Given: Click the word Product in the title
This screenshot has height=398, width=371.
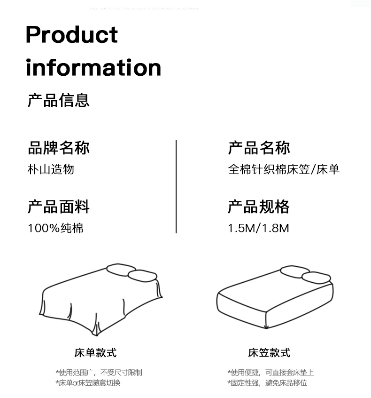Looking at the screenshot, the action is coord(72,35).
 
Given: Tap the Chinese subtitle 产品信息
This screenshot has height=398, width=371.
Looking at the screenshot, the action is coord(58,100).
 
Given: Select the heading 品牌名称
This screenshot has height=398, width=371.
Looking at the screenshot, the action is coord(58,148).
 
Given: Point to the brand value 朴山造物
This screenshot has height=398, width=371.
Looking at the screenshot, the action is coord(51,169).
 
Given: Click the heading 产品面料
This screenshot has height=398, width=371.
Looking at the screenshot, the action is coord(58,207).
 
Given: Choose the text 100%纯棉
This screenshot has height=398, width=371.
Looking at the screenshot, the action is coord(55,228).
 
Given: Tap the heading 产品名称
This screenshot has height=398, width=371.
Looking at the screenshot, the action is coord(259,148).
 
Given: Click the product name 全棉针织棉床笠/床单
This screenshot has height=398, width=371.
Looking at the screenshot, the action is coord(284,169).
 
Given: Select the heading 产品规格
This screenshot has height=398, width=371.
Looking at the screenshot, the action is coord(259,207).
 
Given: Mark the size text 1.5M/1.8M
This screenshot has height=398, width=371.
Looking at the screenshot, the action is coord(258,228).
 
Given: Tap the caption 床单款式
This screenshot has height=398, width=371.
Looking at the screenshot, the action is coord(95,353).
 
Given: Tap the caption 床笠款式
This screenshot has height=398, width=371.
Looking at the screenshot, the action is coord(269,353).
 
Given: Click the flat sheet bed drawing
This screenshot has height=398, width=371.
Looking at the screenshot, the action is coord(101,299).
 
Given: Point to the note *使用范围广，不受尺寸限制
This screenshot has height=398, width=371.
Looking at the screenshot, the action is coord(99,373).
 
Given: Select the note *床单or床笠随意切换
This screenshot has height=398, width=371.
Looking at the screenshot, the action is coord(88,383).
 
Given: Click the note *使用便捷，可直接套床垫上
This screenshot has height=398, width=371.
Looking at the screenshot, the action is coord(271,373).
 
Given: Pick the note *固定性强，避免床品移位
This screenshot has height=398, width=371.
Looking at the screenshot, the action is coord(267,383).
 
